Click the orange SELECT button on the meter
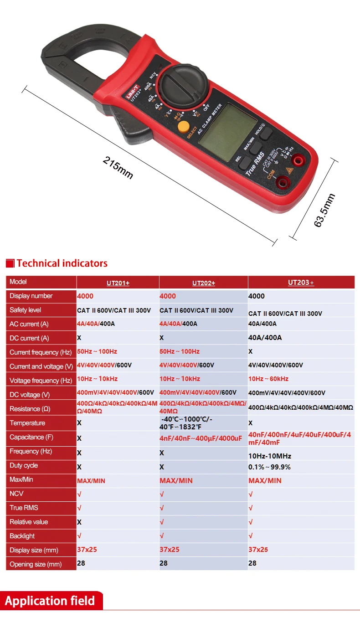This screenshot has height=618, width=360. (x=184, y=126)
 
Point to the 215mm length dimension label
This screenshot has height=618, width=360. (x=118, y=168)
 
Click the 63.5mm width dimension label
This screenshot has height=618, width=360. (x=324, y=210)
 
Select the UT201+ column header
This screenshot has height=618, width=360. (x=118, y=283)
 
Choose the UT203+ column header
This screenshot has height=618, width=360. (x=301, y=282)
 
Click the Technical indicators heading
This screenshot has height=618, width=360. (x=62, y=263)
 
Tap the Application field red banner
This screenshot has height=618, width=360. (x=50, y=600)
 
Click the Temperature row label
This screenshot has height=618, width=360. (x=27, y=423)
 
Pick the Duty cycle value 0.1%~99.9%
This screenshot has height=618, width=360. (x=269, y=467)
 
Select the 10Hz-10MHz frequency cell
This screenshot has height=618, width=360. (x=270, y=456)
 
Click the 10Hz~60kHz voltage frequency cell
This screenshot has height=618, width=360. (x=268, y=379)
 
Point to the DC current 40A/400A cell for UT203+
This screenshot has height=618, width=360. (x=265, y=338)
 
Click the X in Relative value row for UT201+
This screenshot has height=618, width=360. (x=79, y=522)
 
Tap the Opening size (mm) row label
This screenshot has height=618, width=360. (x=36, y=564)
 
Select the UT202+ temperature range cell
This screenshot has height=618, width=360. (x=186, y=422)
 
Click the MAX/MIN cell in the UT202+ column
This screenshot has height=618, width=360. (x=176, y=480)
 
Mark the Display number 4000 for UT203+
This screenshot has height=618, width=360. (x=257, y=296)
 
